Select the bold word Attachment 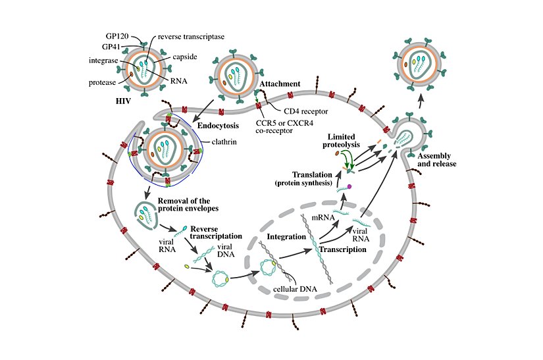pos(280,84)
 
